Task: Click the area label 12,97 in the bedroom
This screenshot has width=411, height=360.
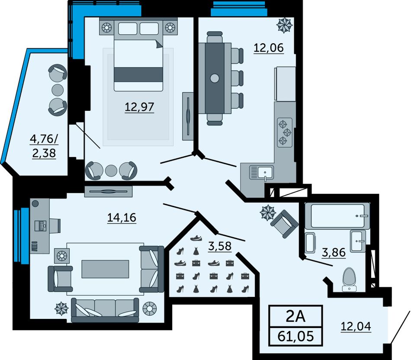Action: coord(139,107)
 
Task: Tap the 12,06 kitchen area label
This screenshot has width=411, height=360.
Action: coord(269,48)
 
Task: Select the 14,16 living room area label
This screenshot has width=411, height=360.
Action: coord(122,218)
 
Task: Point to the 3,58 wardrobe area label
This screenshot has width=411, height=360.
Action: coord(220,246)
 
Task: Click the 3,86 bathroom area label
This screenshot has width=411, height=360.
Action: coord(334,253)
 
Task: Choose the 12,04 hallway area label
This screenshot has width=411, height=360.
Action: coord(356,326)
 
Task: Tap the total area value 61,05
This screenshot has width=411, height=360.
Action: coord(295,336)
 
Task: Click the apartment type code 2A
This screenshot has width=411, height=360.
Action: coord(295,316)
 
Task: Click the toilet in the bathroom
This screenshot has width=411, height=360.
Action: coord(350,280)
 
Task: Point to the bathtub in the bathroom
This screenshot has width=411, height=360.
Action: coord(337,216)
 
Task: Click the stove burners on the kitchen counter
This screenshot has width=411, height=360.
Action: coord(285,132)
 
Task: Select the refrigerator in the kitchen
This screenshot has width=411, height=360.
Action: coord(285,84)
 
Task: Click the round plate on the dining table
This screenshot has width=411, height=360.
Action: coord(215,78)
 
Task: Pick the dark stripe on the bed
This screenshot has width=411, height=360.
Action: coord(138,75)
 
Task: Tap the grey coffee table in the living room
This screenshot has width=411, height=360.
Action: coord(105,269)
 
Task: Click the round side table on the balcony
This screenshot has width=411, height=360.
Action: coord(58,90)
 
